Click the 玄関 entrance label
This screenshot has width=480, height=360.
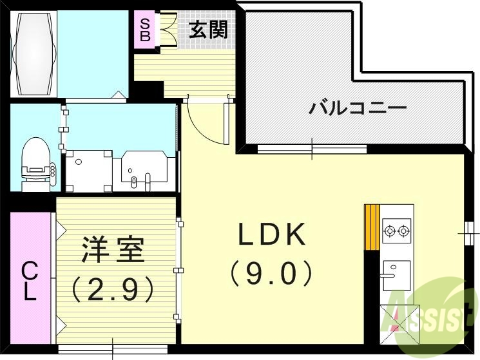point(208,30)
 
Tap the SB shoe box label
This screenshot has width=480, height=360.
point(146,30)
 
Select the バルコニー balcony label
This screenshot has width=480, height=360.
point(357,107)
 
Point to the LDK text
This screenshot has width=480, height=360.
point(271,236)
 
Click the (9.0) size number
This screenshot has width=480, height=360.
point(271,273)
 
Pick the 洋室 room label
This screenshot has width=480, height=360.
point(113,249)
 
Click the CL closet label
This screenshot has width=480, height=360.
point(30,281)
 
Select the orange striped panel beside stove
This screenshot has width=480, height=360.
point(372,226)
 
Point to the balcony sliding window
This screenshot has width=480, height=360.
point(312,149)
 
